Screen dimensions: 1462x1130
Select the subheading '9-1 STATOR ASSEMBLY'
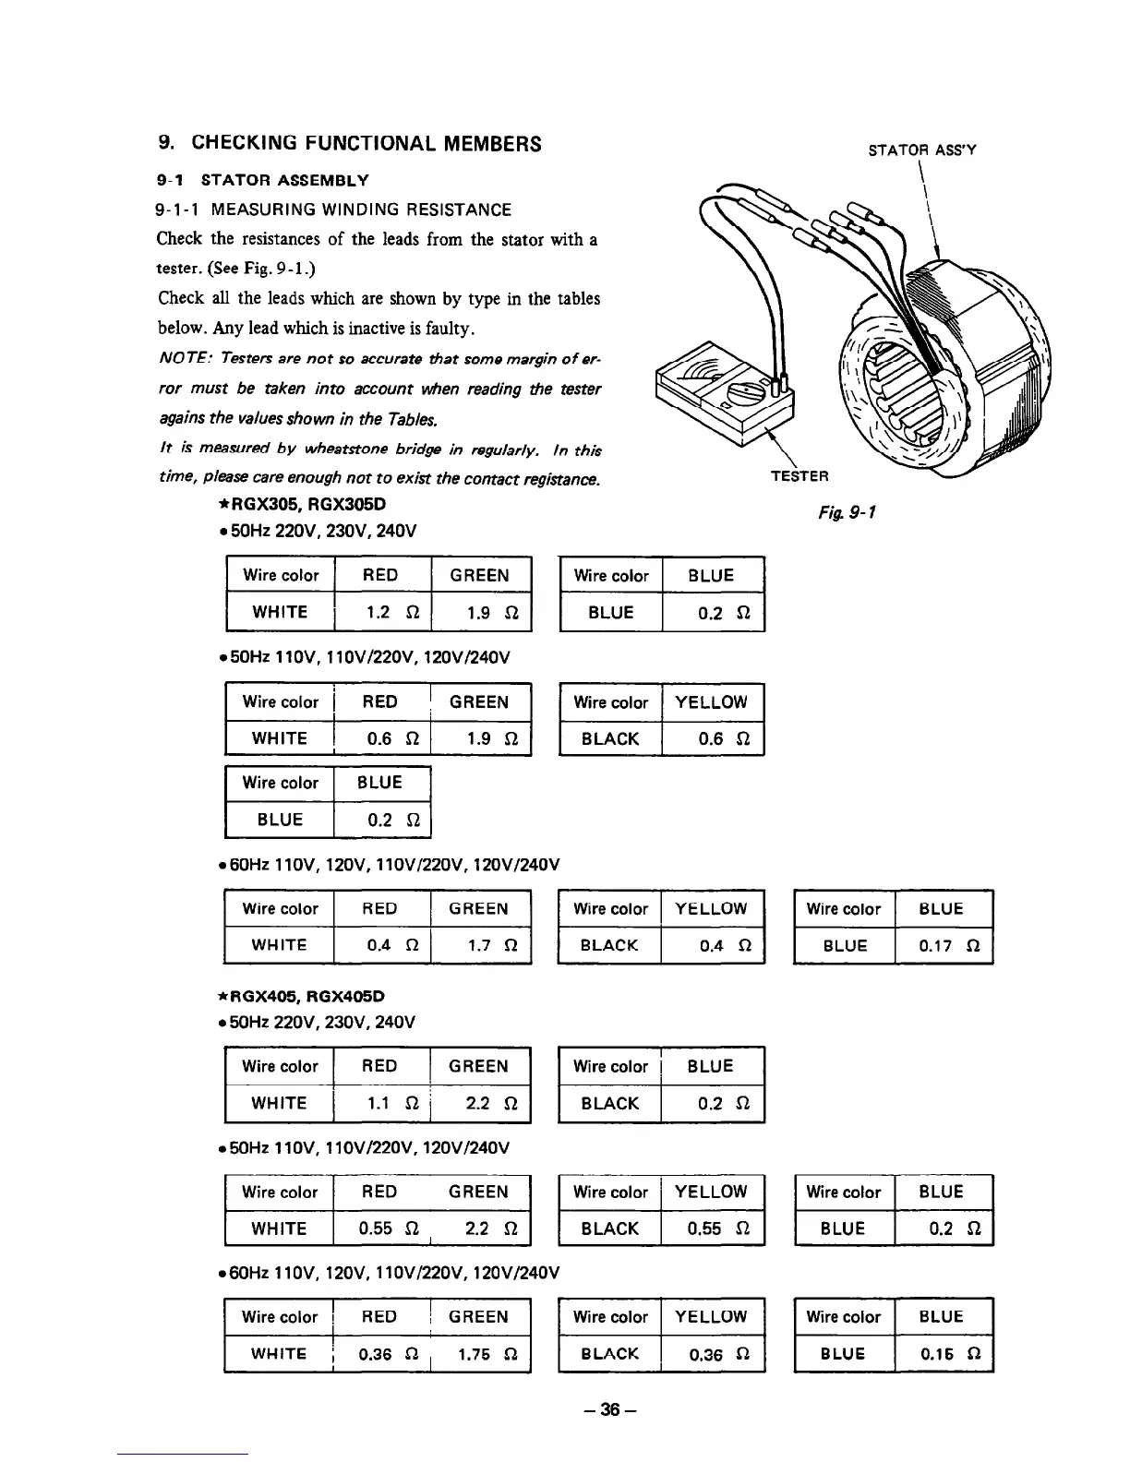[263, 180]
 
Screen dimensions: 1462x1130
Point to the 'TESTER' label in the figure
[799, 476]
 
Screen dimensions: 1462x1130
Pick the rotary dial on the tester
[739, 397]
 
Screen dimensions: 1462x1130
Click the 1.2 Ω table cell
[382, 612]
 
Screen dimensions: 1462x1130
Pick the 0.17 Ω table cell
[944, 945]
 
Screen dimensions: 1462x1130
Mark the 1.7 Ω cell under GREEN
[481, 945]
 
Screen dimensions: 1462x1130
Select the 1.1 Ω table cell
[382, 1103]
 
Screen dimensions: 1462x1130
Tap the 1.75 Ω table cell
[481, 1354]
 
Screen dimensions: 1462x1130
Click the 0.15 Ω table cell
[944, 1354]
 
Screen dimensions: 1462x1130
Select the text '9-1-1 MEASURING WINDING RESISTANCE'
[333, 210]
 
